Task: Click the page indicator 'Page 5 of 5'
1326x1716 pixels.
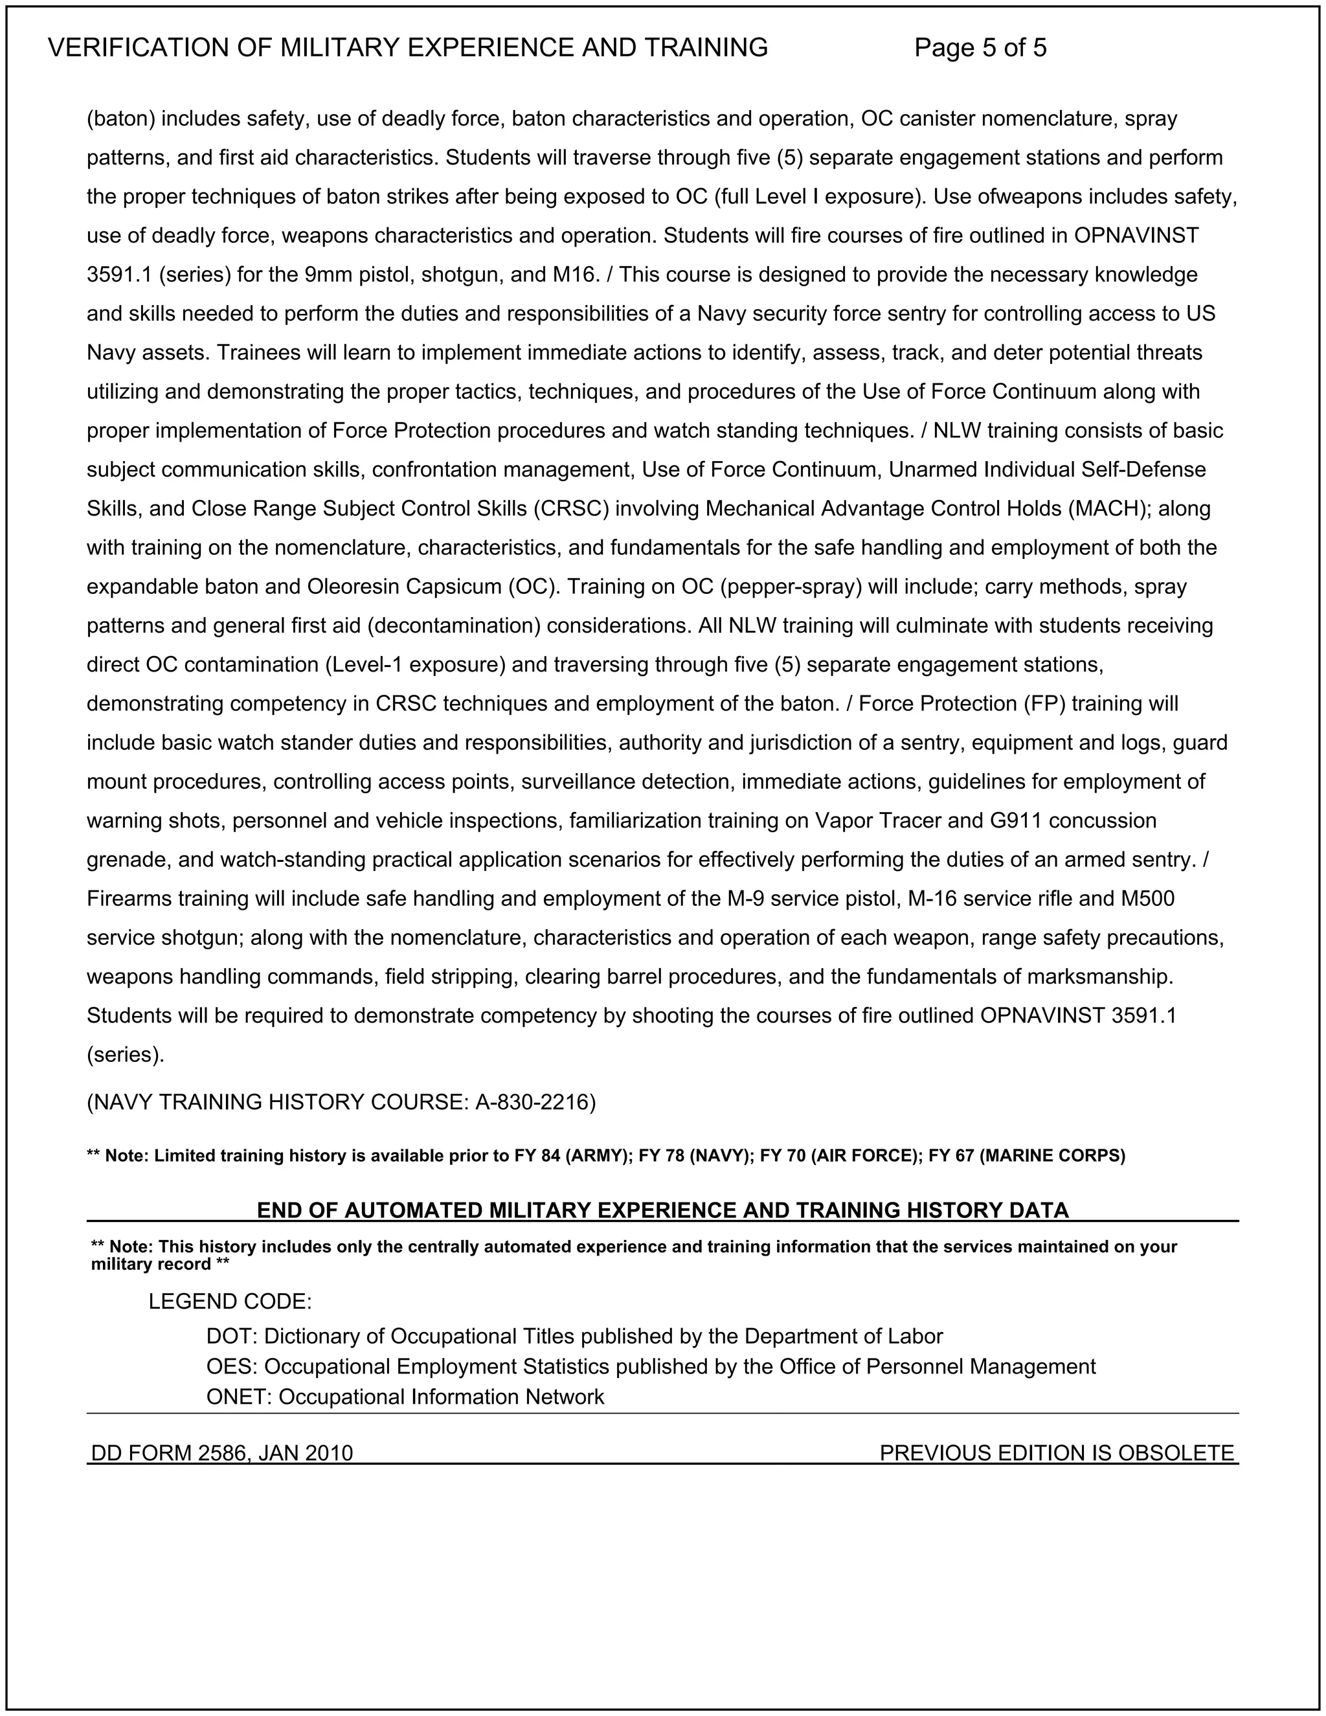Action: click(980, 48)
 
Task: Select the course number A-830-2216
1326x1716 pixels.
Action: click(535, 1102)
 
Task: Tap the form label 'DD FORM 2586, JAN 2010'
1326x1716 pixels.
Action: click(222, 1453)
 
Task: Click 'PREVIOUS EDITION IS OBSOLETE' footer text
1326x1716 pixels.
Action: click(1057, 1453)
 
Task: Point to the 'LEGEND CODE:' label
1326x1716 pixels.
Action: click(230, 1302)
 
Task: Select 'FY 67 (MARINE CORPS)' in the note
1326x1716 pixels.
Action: click(1027, 1156)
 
